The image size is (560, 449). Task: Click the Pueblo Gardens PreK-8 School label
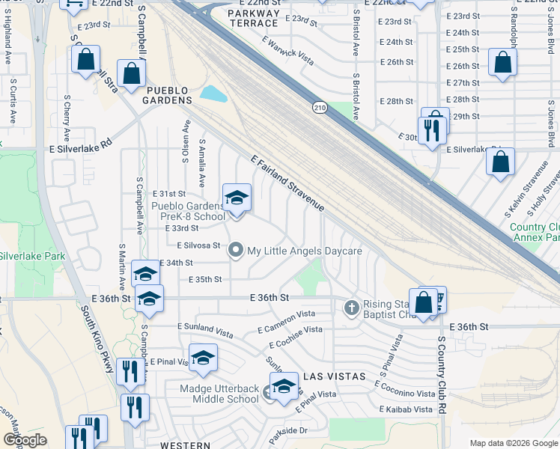188,211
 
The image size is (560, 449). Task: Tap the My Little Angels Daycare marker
237,251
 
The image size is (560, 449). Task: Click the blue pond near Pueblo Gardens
213,94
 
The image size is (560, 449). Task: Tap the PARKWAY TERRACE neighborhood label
254,19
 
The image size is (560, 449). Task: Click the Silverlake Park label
33,256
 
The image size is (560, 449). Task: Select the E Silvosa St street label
198,245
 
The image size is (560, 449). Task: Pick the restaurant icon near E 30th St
431,131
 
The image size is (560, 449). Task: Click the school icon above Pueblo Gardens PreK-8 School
237,198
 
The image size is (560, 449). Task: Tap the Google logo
25,441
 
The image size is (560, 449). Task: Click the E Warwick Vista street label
288,49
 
